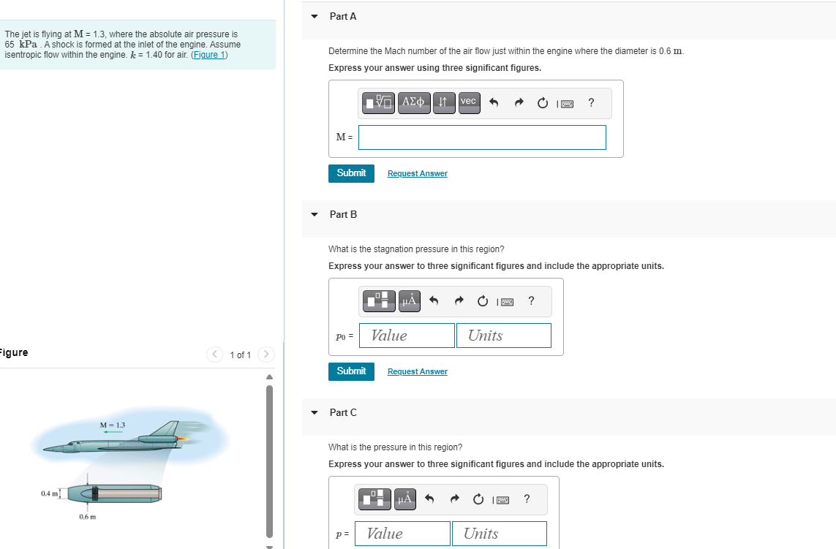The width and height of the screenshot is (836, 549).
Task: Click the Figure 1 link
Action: [209, 55]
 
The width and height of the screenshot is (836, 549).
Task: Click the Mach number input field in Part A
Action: [482, 137]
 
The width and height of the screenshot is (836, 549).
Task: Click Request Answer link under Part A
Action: [418, 173]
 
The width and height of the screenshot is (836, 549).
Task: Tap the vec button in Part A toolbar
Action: [469, 102]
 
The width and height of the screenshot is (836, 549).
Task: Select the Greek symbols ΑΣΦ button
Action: [414, 102]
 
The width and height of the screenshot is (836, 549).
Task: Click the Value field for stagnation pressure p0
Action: [407, 336]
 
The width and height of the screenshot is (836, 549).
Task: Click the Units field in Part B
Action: [504, 336]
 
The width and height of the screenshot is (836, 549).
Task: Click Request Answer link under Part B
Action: [418, 371]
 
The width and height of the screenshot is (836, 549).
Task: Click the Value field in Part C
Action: [402, 534]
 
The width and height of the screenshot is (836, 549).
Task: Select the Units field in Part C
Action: [500, 534]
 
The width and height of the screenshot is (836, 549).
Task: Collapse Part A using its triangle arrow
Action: [315, 17]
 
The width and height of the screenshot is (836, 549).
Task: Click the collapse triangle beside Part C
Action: [315, 412]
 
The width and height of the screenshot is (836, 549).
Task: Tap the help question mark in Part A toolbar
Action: [591, 103]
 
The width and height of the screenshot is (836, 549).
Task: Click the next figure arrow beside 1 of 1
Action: [266, 355]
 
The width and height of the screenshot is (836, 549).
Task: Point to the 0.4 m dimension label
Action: [49, 493]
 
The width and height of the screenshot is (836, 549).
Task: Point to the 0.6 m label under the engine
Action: [88, 517]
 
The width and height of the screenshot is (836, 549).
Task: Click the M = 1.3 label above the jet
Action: [113, 425]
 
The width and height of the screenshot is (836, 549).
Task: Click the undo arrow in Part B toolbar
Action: [434, 301]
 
